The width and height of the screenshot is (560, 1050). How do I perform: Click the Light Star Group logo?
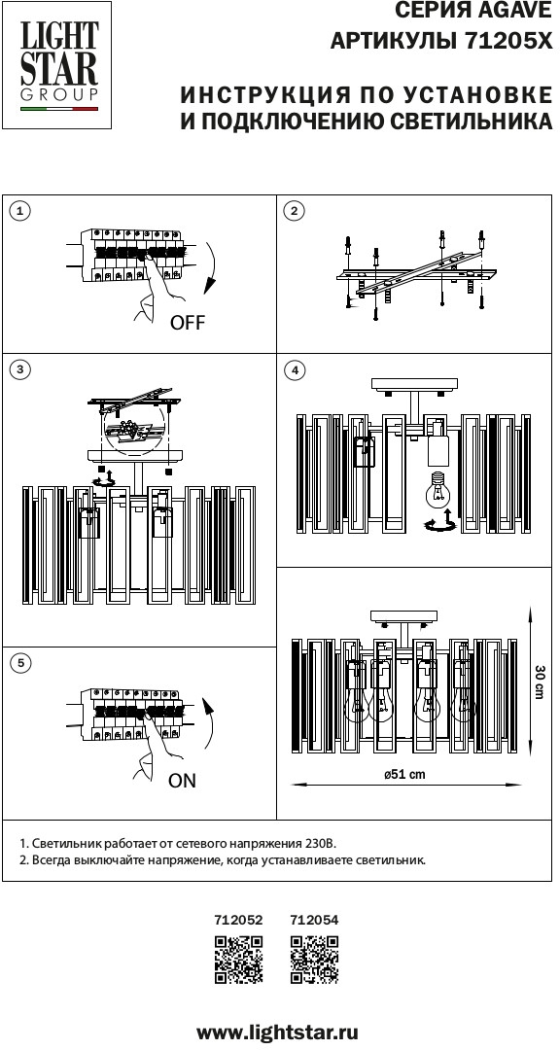[x=57, y=65]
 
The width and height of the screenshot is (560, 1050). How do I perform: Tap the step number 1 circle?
[x=20, y=212]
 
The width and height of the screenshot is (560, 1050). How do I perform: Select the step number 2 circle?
[x=294, y=212]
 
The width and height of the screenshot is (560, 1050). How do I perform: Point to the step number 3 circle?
[x=20, y=369]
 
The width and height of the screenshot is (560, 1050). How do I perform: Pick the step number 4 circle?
[x=294, y=369]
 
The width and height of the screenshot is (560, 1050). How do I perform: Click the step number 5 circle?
[x=20, y=663]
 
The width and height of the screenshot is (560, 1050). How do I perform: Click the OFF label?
[x=188, y=323]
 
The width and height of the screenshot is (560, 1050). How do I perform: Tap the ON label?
[x=182, y=780]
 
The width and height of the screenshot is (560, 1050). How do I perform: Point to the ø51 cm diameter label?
[x=404, y=775]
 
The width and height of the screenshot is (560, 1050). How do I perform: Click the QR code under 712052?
[x=238, y=960]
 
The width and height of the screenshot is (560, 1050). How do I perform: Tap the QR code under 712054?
[x=315, y=960]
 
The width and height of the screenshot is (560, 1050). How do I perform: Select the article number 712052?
[x=238, y=920]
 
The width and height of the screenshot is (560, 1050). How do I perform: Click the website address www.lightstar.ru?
[x=277, y=1031]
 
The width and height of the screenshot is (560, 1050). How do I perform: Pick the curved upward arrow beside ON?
[x=214, y=723]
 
